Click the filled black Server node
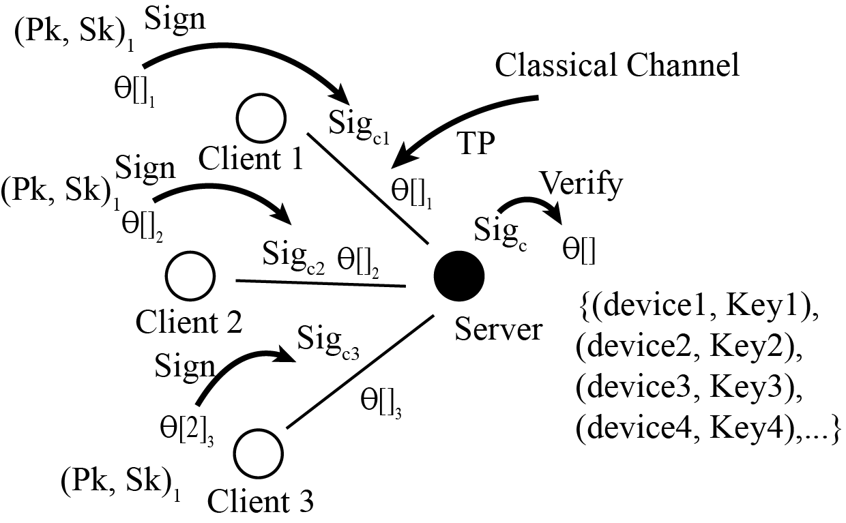[459, 275]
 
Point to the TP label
[475, 145]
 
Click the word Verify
[581, 184]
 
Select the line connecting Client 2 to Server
[321, 282]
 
